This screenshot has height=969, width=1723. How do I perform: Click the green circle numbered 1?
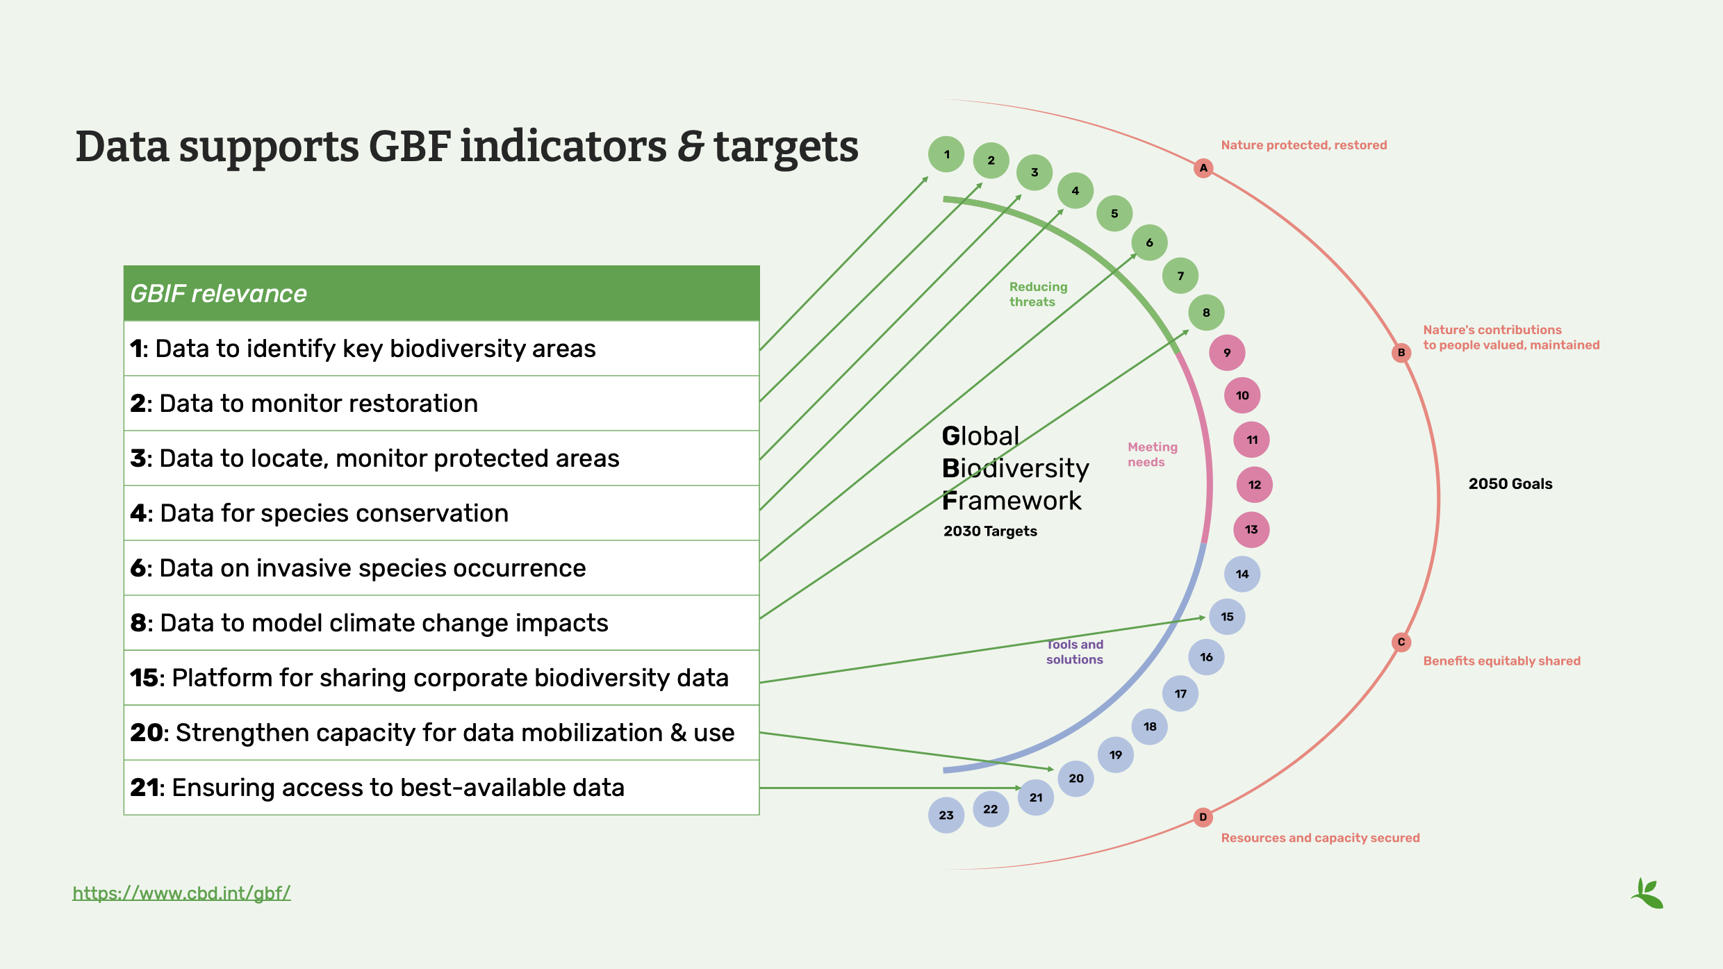point(946,154)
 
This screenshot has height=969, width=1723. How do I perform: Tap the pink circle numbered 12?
point(1254,485)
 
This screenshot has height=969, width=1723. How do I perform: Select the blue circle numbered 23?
point(946,815)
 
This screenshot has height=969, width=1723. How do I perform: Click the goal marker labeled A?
point(1203,168)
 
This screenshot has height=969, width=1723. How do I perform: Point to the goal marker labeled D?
point(1203,817)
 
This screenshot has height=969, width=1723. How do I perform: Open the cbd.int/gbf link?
point(181,893)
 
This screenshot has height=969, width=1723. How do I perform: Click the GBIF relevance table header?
point(441,293)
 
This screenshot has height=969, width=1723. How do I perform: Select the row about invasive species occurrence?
point(441,568)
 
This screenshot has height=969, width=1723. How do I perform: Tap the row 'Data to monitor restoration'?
point(441,404)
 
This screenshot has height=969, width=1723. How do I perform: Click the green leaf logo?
point(1647,893)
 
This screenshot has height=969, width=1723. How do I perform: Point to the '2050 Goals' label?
point(1510,484)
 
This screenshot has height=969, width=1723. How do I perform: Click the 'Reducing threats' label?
point(1038,295)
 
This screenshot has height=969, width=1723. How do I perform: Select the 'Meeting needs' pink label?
point(1152,454)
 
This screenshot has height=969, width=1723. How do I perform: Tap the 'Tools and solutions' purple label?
point(1075,652)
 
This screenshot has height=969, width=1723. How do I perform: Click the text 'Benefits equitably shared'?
point(1501,661)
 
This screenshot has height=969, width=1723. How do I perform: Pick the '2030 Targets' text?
point(990,531)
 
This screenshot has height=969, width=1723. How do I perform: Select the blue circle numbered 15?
point(1227,617)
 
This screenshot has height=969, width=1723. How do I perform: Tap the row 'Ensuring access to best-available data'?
point(441,788)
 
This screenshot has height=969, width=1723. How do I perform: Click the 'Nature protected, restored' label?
point(1303,145)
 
